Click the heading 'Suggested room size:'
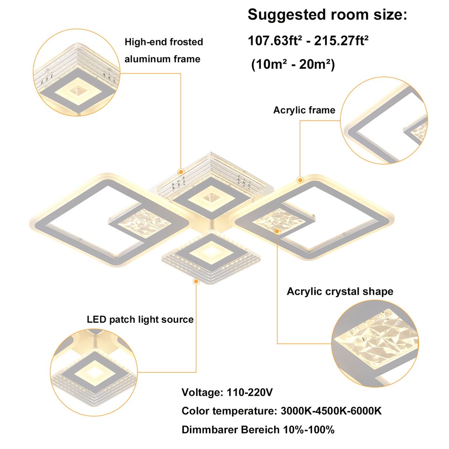pos(327,15)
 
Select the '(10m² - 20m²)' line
pos(293,65)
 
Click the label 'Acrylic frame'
pos(304,110)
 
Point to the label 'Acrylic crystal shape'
pos(340,291)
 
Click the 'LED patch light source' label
pos(140,319)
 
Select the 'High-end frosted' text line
pos(164,42)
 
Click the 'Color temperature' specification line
pos(282,411)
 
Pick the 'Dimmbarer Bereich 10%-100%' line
pos(258,429)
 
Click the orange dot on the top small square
pos(181,171)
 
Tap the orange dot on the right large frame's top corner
pos(300,179)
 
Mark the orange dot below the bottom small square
pos(196,281)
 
